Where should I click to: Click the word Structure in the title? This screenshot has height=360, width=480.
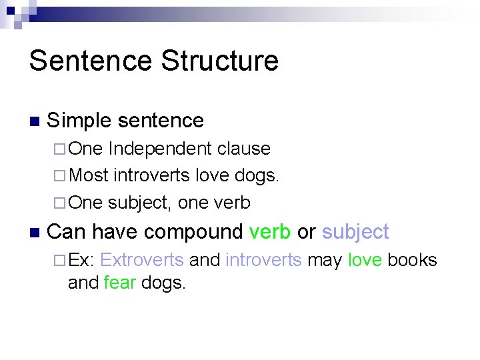tap(220, 61)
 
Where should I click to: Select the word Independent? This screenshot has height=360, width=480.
tap(158, 149)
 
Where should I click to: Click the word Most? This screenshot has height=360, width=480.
tap(89, 175)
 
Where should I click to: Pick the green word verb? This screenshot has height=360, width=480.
tap(269, 232)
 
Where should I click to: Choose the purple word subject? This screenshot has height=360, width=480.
tap(355, 232)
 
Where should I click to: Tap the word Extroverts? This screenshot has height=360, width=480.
tap(141, 260)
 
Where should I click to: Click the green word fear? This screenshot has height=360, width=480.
tap(120, 283)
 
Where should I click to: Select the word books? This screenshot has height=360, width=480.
tap(412, 260)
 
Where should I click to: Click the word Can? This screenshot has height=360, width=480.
tap(67, 232)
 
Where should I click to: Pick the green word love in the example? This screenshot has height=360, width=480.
tap(365, 260)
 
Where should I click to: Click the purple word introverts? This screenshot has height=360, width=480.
tap(263, 260)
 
